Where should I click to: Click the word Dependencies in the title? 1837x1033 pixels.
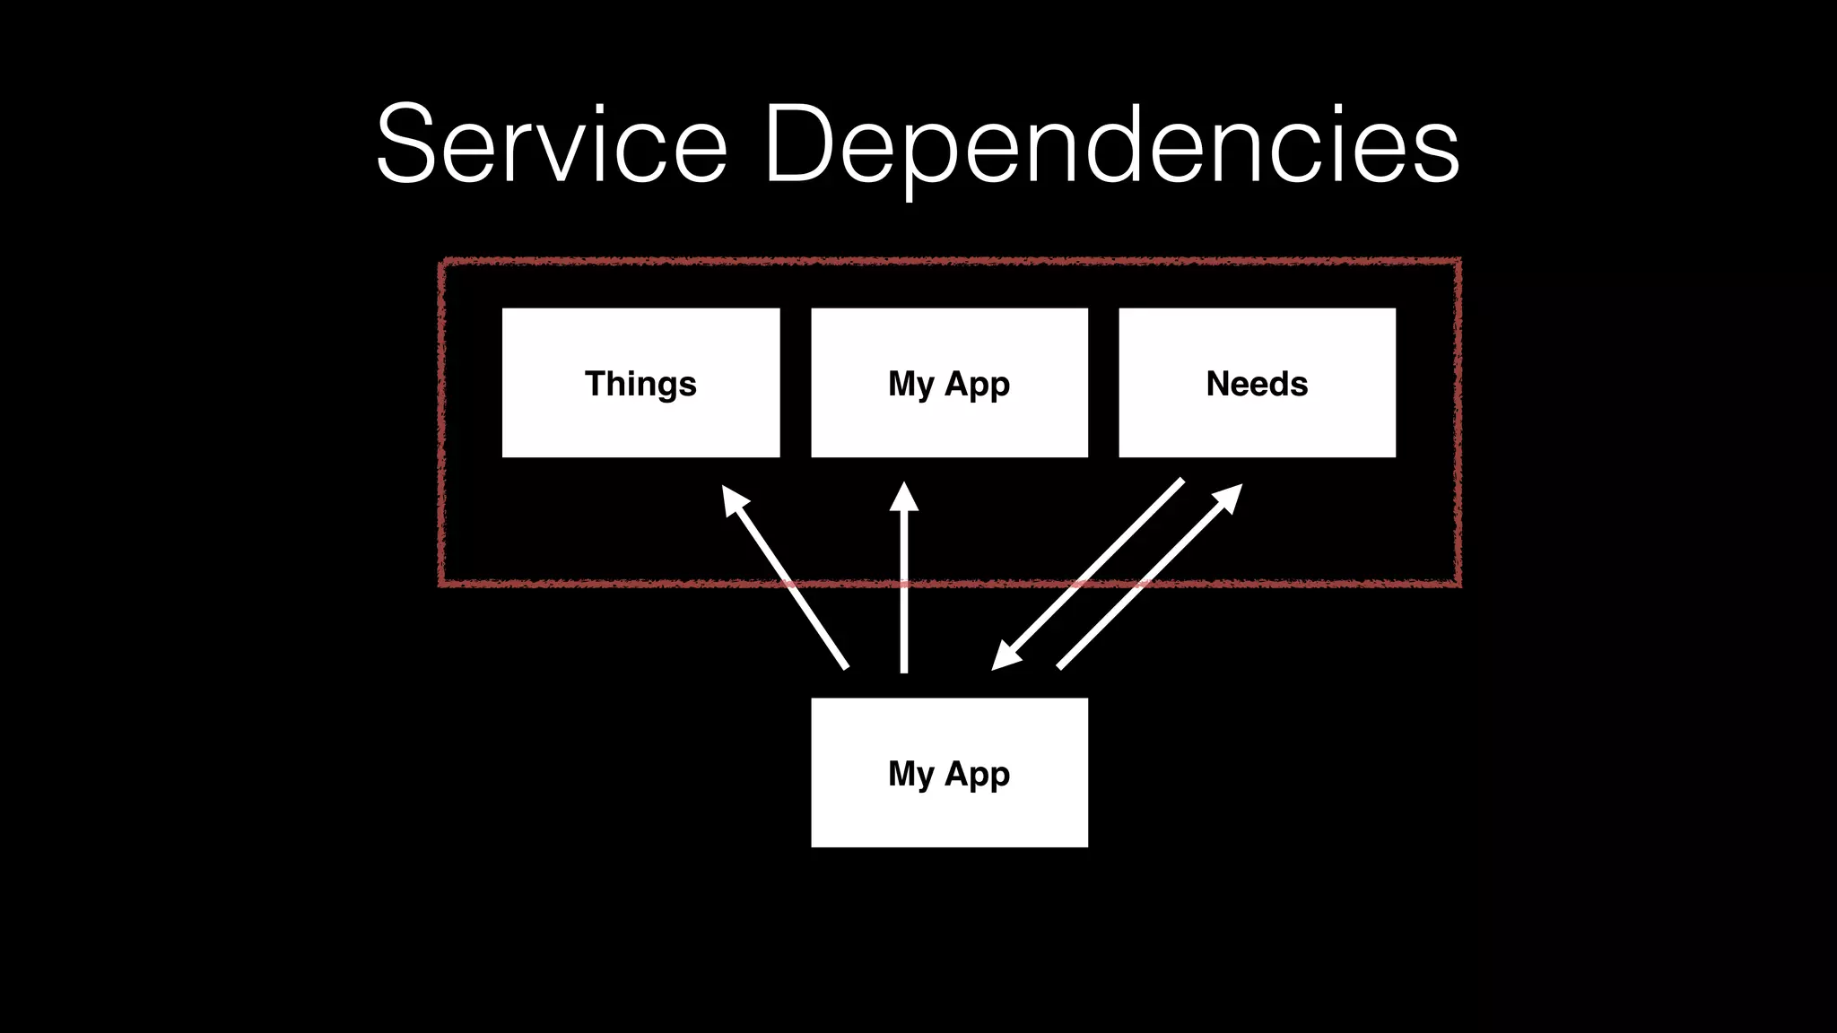click(x=1112, y=143)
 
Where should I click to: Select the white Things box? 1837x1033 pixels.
click(x=640, y=383)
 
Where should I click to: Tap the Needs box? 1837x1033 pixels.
click(x=1257, y=383)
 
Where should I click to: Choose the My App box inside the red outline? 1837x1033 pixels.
click(x=949, y=383)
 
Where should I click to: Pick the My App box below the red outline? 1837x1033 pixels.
click(x=949, y=772)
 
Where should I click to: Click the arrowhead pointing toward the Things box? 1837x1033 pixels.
click(x=733, y=498)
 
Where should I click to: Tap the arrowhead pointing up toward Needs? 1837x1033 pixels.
click(x=1230, y=496)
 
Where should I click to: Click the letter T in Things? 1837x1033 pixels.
click(x=596, y=383)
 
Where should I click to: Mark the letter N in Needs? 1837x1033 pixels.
click(x=1219, y=383)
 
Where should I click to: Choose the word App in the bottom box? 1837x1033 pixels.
click(x=977, y=774)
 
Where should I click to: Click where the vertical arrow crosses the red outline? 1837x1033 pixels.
click(x=904, y=584)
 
